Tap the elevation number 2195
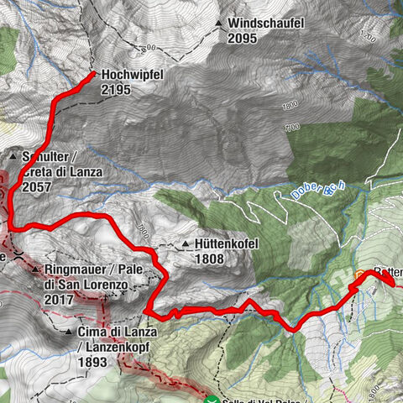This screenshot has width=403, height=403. [116, 89]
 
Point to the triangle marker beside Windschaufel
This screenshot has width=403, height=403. [219, 24]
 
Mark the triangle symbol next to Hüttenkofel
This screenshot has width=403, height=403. [186, 244]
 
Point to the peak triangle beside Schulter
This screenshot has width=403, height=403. [14, 156]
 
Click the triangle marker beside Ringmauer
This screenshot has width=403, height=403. [34, 271]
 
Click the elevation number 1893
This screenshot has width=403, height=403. [92, 362]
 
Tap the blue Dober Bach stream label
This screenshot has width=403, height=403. [316, 190]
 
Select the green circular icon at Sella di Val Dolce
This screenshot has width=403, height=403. [214, 400]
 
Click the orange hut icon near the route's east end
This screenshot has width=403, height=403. [361, 275]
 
